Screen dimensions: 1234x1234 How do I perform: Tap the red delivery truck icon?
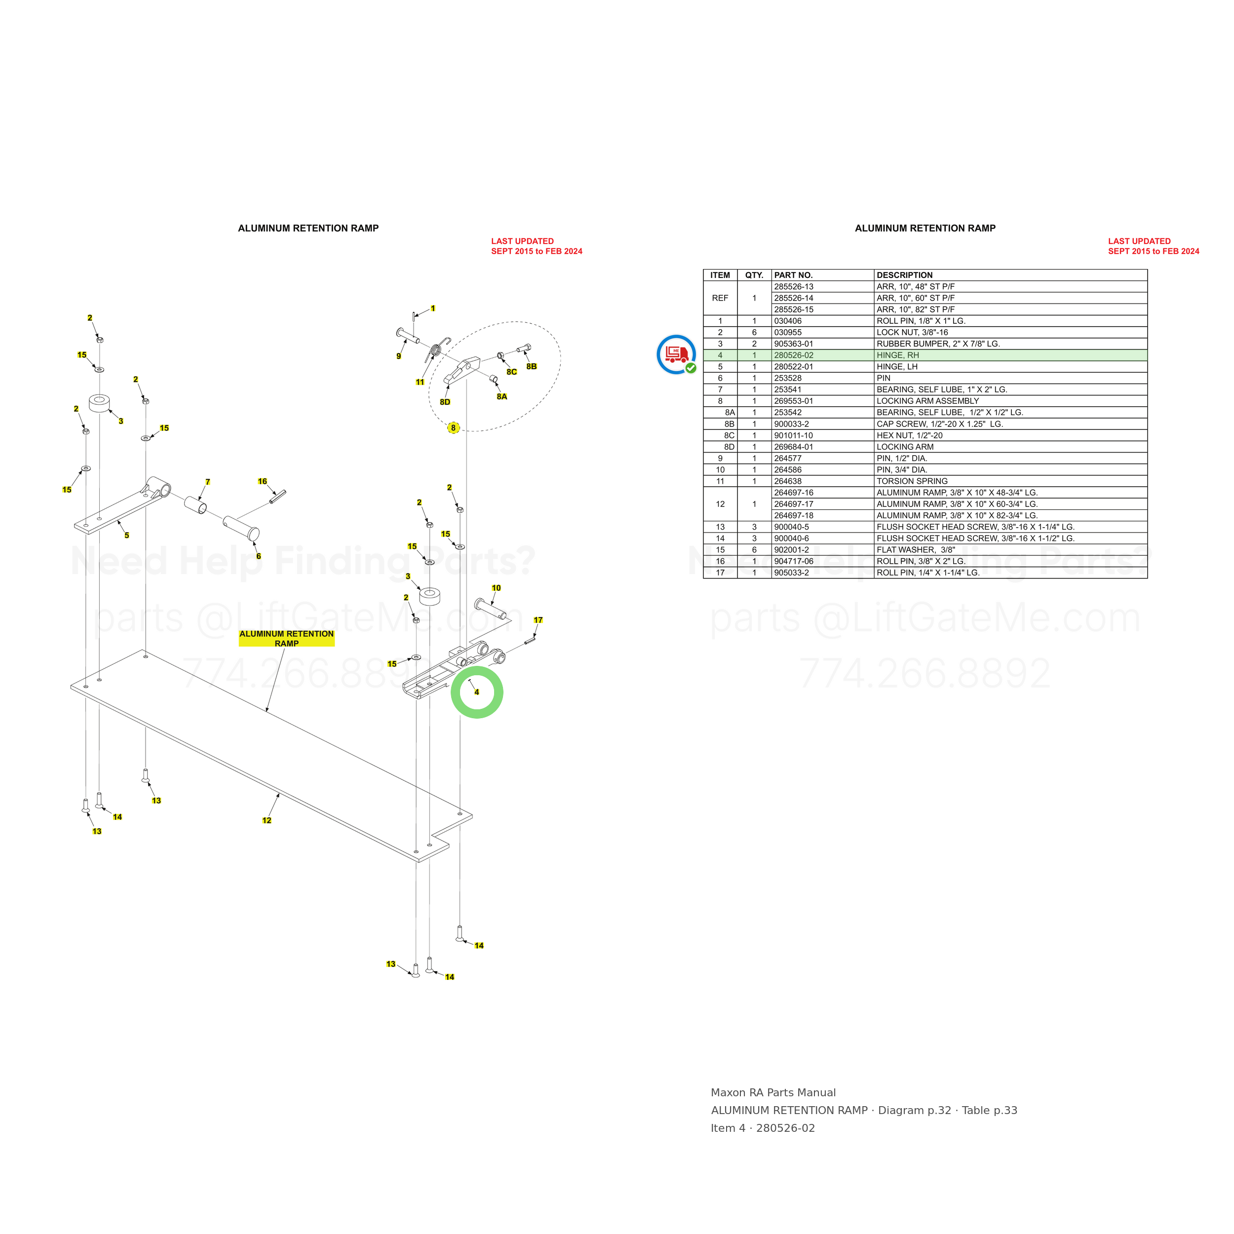click(676, 353)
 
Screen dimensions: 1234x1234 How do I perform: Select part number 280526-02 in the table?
click(793, 355)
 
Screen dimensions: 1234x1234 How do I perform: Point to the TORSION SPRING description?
click(912, 481)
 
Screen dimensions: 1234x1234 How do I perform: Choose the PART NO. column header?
click(793, 275)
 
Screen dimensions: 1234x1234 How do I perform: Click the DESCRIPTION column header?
click(904, 275)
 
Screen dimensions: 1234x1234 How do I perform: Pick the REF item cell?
click(720, 298)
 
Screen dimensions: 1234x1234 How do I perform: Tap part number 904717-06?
click(793, 561)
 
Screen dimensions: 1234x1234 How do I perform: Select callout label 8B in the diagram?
click(532, 367)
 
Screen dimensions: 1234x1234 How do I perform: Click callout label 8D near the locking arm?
click(445, 402)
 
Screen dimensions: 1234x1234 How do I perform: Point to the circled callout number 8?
click(454, 428)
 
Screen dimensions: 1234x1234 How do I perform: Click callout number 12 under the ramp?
click(267, 821)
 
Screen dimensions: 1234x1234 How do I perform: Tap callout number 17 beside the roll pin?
click(539, 620)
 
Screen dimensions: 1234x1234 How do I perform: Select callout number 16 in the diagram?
click(263, 482)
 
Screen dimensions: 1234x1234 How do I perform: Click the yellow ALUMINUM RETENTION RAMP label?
click(287, 639)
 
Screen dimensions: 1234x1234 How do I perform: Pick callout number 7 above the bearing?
click(208, 482)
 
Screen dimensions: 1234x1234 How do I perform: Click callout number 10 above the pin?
click(496, 588)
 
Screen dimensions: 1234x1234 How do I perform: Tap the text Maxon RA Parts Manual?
click(773, 1093)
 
